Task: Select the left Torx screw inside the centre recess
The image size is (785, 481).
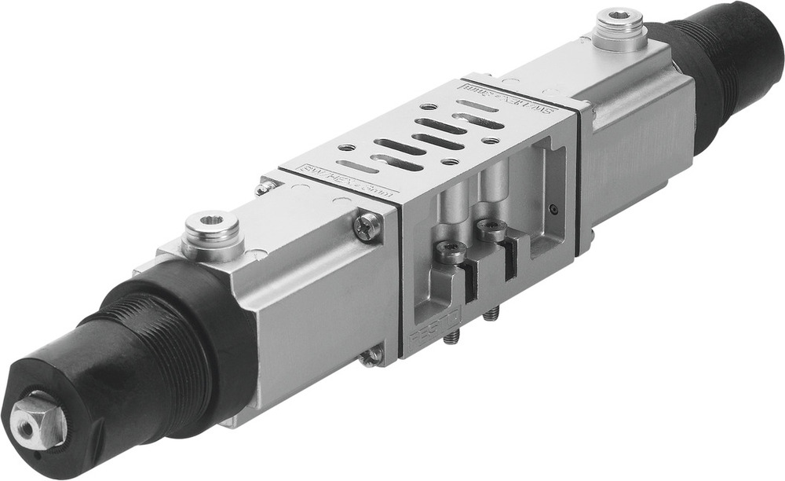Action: pyautogui.click(x=452, y=252)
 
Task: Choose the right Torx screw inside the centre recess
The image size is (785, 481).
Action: pyautogui.click(x=491, y=229)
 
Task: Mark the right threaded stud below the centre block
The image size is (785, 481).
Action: pyautogui.click(x=491, y=314)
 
